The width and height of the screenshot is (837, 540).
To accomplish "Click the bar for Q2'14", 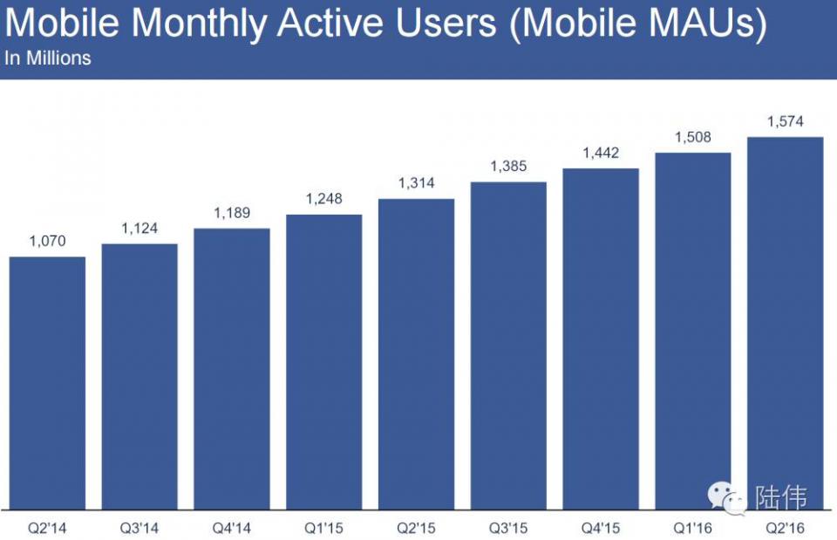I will tap(47, 383).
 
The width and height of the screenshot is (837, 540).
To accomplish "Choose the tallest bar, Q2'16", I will tap(785, 323).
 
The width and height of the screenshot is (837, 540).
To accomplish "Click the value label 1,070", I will tap(47, 241).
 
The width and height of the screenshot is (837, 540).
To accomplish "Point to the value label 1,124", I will tap(139, 228).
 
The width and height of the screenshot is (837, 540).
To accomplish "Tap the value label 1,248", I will tap(323, 199).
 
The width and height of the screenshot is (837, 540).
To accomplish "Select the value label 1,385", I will tap(508, 166).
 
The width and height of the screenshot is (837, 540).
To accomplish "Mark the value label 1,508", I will tap(692, 137).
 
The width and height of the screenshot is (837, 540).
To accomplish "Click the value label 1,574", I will tap(785, 121).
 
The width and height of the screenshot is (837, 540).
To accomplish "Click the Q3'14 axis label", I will tap(139, 526).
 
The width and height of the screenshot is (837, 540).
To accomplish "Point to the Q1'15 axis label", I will tap(323, 526).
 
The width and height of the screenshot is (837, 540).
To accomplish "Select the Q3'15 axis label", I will tap(508, 526).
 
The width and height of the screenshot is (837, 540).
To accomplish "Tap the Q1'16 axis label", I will tap(692, 526).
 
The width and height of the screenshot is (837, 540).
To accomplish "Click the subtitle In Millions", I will tap(48, 59).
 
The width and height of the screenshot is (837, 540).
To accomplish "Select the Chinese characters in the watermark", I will tap(780, 497).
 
